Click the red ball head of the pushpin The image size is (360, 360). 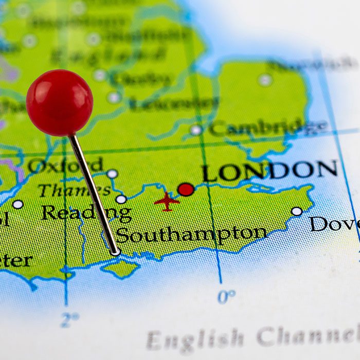click(x=60, y=102)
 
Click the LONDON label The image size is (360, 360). click(x=269, y=171)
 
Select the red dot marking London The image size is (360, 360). click(x=186, y=190)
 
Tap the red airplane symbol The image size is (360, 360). click(x=167, y=201)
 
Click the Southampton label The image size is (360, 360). click(x=191, y=235)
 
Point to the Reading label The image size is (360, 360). click(x=85, y=212)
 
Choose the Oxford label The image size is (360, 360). click(x=65, y=166)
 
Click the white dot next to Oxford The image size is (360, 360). click(x=112, y=174)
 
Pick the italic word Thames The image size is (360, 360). click(x=74, y=190)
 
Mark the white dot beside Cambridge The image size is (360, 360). click(x=196, y=130)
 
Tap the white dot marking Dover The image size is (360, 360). click(x=297, y=211)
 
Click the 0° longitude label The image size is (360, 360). click(x=226, y=297)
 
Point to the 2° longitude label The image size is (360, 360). click(x=69, y=320)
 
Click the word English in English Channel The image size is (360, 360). click(x=195, y=339)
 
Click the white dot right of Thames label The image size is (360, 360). click(x=121, y=199)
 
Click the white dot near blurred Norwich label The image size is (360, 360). click(x=265, y=80)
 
